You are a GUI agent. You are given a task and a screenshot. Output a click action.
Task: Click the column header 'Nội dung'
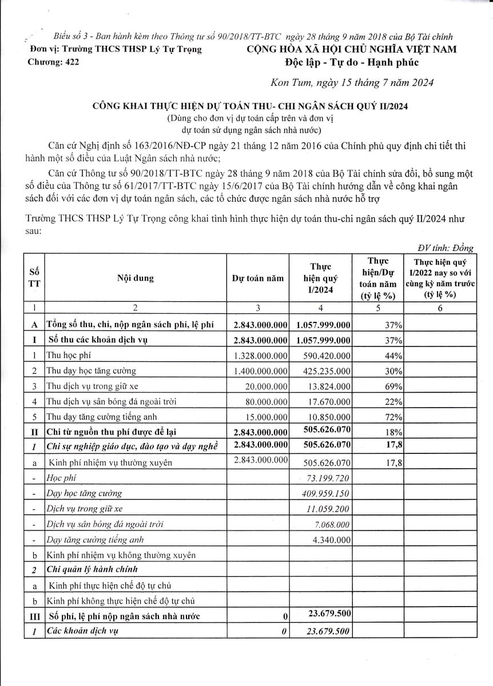pos(136,278)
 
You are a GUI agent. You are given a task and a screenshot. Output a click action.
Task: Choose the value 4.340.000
pos(328,539)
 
